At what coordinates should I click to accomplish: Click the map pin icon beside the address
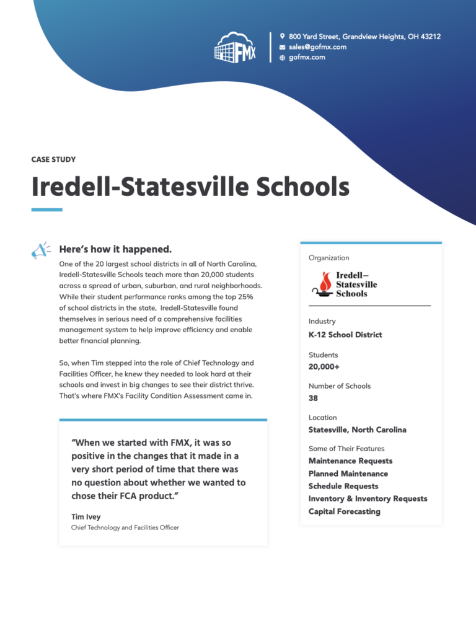tap(283, 37)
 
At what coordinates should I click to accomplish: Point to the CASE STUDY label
tap(53, 159)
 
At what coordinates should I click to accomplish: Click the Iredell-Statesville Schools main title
tap(190, 187)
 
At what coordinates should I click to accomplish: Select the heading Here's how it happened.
tap(115, 249)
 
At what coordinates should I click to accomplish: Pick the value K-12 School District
tap(345, 335)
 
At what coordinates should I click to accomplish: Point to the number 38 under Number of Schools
tap(313, 398)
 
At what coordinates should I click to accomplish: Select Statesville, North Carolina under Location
tap(357, 430)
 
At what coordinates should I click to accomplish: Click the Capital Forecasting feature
tap(344, 511)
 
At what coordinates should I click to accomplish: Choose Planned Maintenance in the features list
tap(348, 474)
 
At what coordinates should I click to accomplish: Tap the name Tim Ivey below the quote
tap(86, 516)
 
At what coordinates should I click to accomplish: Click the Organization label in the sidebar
tap(328, 258)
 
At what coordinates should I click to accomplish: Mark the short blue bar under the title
tap(46, 210)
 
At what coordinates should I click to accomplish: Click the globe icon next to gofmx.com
tap(283, 58)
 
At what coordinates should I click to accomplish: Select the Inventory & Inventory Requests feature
tap(368, 498)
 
